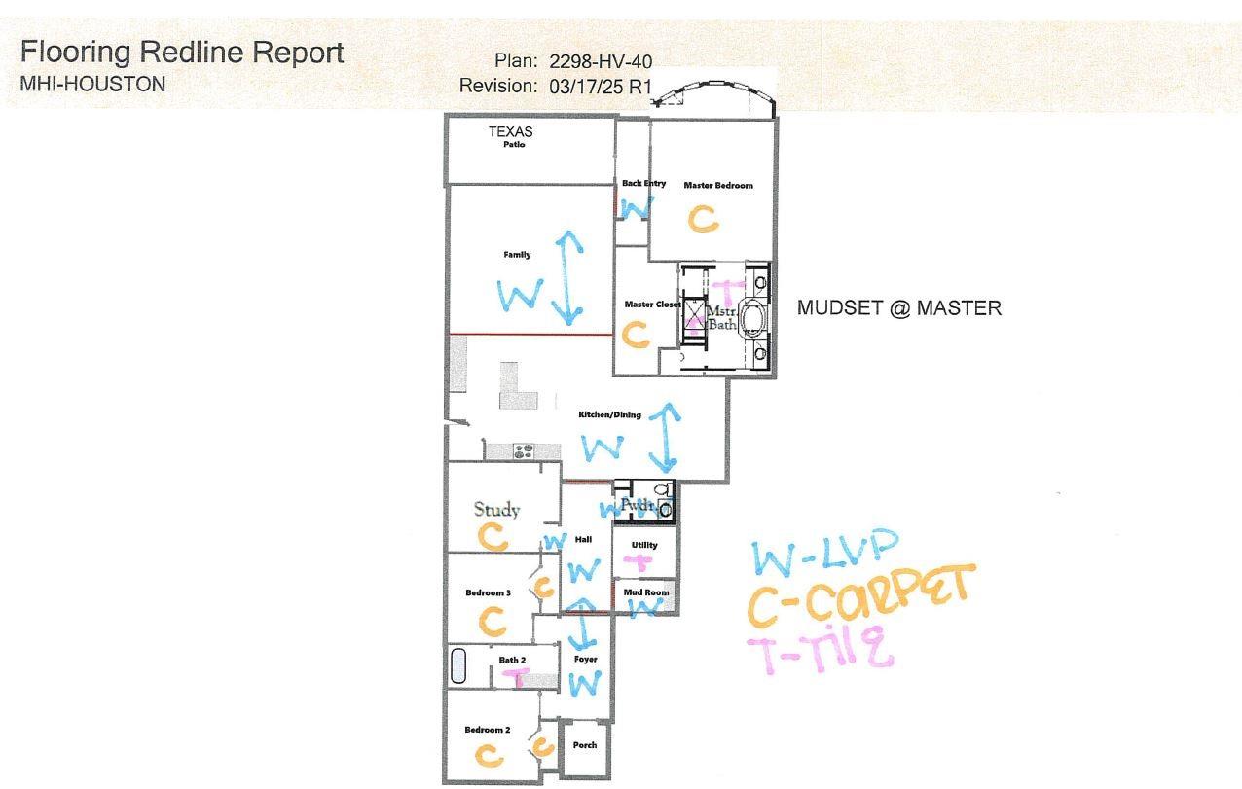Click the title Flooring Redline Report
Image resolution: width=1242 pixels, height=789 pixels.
(x=182, y=53)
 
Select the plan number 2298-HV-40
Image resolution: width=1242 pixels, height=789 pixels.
(x=600, y=61)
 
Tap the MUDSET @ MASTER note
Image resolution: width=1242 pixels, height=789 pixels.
(x=898, y=308)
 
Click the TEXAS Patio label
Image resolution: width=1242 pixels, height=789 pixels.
(x=512, y=137)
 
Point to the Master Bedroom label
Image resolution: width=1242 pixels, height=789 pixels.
(x=717, y=185)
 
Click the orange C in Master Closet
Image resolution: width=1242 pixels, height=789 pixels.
(x=636, y=336)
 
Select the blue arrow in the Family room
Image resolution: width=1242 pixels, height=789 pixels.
(x=567, y=278)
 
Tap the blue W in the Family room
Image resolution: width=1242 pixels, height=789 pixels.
(x=520, y=294)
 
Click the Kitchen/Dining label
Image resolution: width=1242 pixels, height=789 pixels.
(x=609, y=415)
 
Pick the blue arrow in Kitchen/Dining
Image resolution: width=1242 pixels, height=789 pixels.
(x=665, y=437)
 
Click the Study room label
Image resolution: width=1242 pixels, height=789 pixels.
(x=496, y=509)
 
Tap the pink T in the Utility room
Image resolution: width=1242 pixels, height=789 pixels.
(x=641, y=562)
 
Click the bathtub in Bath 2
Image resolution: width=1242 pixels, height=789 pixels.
(x=458, y=666)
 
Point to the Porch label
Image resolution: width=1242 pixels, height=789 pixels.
(x=585, y=745)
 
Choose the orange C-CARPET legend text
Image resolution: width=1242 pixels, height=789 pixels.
(x=859, y=594)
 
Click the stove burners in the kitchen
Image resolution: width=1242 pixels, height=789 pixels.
(x=524, y=450)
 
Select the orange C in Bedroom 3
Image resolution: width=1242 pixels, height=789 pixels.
(x=493, y=620)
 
